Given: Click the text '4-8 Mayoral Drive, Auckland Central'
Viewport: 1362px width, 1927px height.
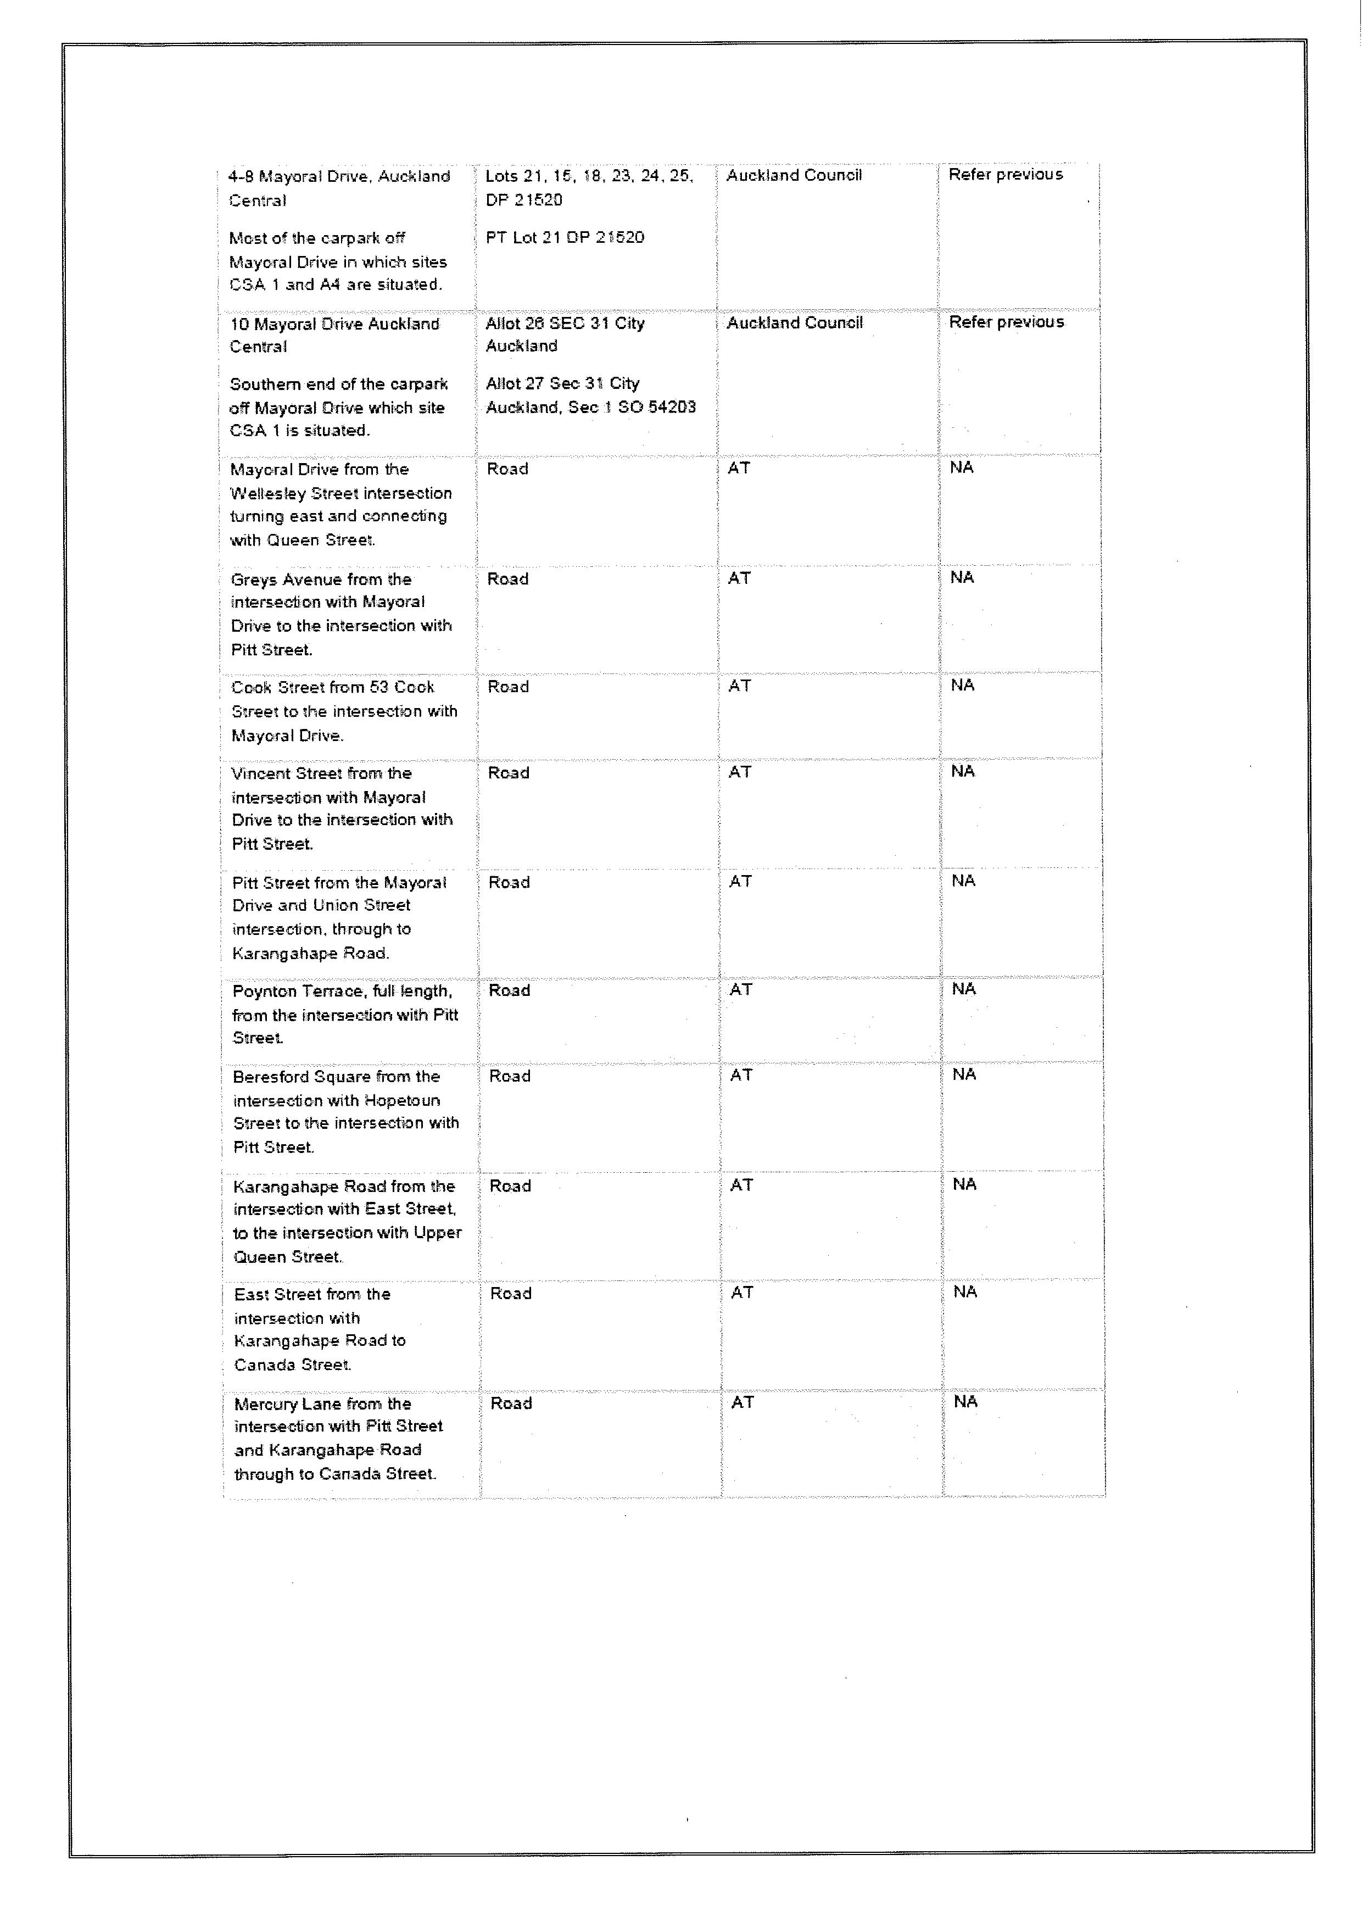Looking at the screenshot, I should pos(339,188).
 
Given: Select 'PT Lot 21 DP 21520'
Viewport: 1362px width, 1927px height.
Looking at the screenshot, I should pos(565,237).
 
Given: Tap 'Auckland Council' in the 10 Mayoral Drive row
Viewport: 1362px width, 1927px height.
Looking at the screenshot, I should pos(794,323).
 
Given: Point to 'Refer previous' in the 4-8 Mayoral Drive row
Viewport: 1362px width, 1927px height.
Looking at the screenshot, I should pos(1006,175).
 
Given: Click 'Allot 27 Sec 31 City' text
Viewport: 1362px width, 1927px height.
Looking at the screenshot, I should pos(562,383).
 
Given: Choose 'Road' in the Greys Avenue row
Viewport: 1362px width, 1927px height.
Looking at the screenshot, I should pos(507,579).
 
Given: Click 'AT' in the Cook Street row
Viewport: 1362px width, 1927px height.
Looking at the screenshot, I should pos(739,686).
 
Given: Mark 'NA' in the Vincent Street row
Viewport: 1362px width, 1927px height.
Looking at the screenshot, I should pos(963,771).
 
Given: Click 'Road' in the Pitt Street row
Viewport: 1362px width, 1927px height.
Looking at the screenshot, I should pos(510,882).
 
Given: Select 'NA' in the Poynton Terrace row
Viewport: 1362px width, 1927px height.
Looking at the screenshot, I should pos(963,989).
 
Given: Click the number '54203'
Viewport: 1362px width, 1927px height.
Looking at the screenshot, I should pos(671,407).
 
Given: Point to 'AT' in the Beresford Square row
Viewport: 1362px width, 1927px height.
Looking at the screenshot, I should pos(741,1075).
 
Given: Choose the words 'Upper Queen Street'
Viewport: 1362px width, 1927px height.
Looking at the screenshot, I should pos(348,1245).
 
